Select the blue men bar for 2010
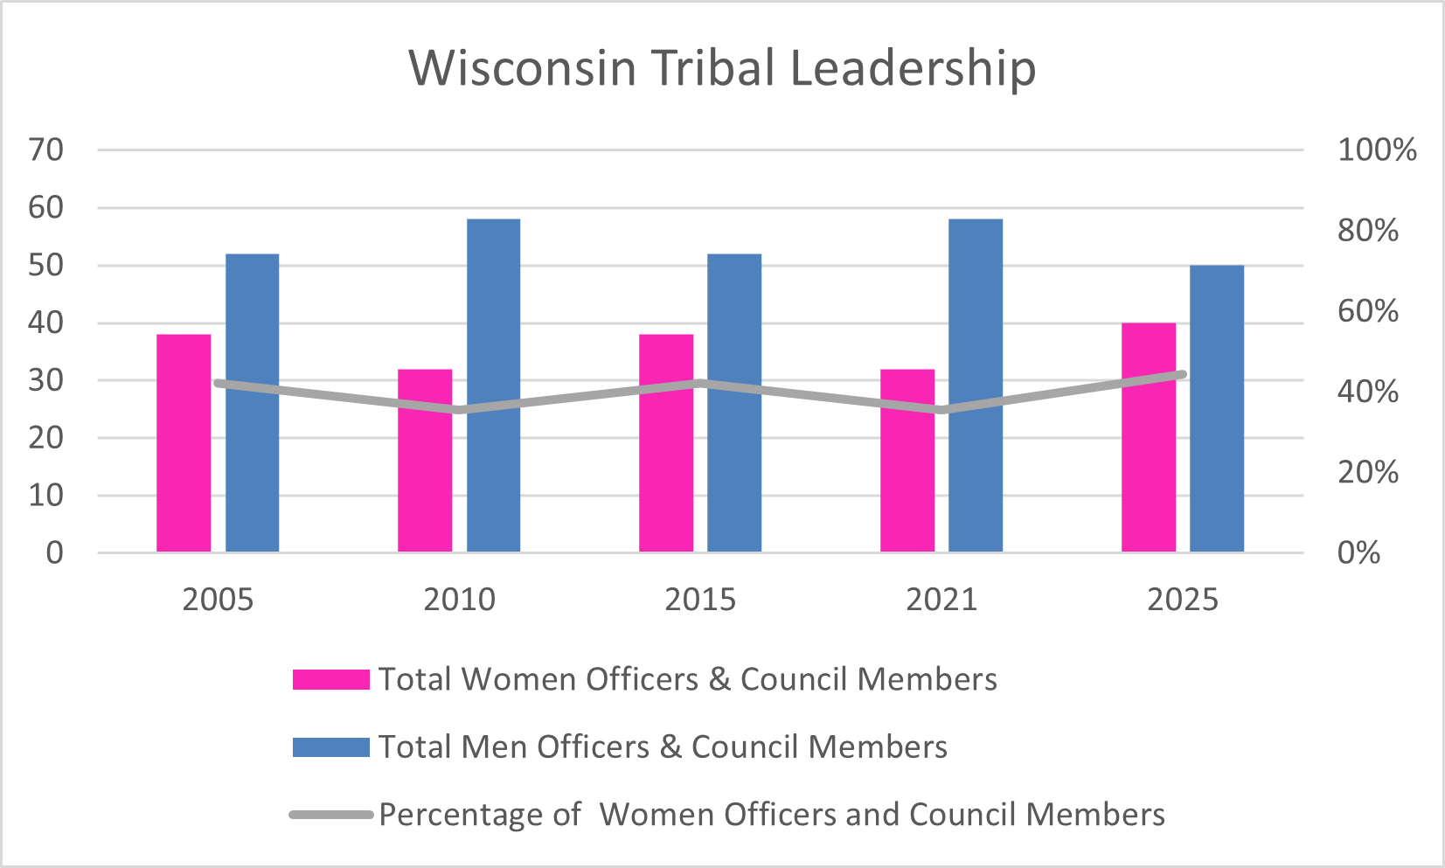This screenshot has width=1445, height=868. coord(493,385)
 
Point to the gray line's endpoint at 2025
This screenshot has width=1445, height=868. coord(1182,374)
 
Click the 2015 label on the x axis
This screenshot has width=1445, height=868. coord(700,600)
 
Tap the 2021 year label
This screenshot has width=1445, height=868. coord(941,600)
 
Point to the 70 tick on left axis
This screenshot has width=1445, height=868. coord(46,150)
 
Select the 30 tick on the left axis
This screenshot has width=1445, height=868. coord(46,380)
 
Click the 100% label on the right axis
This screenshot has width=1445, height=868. coord(1377,150)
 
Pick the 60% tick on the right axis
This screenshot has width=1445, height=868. coord(1368,311)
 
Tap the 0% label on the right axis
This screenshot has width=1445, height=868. coord(1358,552)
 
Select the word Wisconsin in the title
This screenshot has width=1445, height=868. coord(523,68)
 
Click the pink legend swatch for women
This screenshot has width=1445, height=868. coord(331,679)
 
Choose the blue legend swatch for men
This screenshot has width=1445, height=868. coord(331,746)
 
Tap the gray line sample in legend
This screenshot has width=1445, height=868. coord(331,815)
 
